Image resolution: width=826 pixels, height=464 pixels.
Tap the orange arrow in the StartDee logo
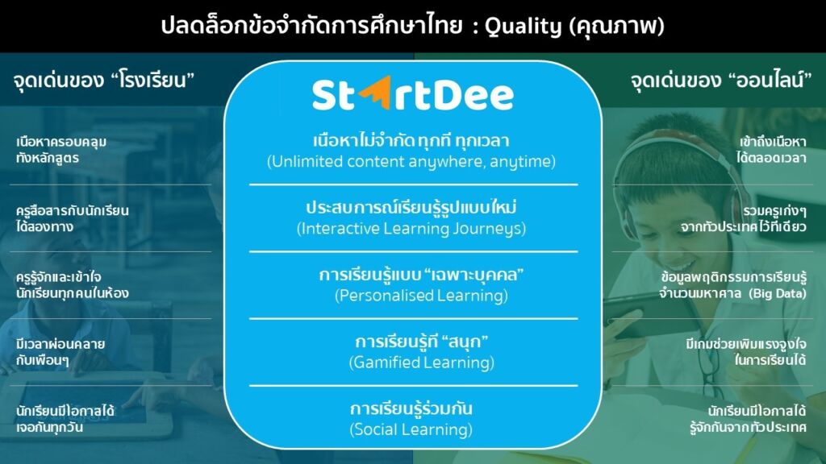click(x=376, y=93)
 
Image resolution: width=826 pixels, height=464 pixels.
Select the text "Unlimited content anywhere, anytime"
click(x=411, y=161)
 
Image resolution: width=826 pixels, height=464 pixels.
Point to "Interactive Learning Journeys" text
click(x=411, y=229)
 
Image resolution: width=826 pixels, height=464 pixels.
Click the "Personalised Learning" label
click(x=421, y=296)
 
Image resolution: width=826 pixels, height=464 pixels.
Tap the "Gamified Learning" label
click(x=421, y=362)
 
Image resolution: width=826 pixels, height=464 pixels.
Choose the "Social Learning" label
click(x=411, y=430)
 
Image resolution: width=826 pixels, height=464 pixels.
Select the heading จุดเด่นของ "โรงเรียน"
click(x=104, y=81)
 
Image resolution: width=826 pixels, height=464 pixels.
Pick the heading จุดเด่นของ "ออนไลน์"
click(x=720, y=81)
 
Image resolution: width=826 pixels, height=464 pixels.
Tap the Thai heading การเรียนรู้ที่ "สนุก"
click(x=421, y=342)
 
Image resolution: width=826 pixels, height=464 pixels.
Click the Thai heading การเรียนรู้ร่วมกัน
click(x=411, y=408)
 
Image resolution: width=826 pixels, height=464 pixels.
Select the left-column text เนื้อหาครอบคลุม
click(x=61, y=142)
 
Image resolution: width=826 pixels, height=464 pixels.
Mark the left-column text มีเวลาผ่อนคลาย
click(x=60, y=344)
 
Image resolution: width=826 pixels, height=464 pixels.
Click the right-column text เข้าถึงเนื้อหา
click(x=772, y=142)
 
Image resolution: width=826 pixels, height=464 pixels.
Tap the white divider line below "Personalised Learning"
click(x=414, y=319)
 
